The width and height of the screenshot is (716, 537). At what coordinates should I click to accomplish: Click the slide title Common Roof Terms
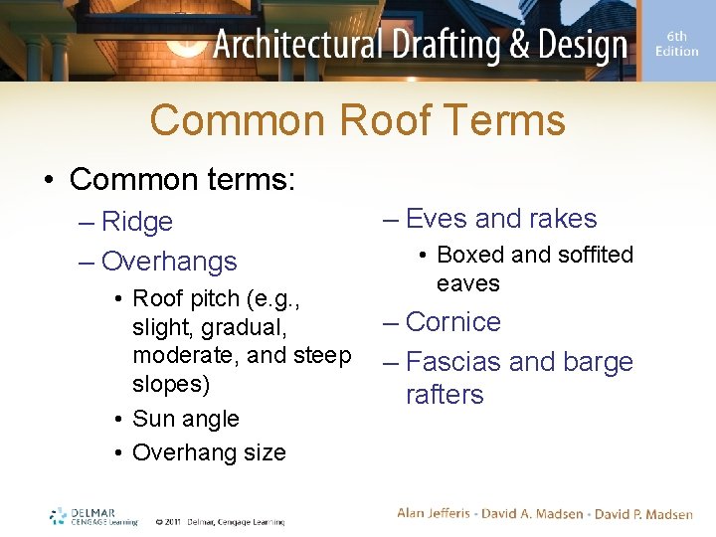click(358, 121)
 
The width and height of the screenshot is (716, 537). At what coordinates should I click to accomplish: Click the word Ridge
click(137, 222)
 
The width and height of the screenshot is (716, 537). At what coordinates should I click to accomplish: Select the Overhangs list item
click(169, 262)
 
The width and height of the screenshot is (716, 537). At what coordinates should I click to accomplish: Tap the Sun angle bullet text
click(185, 419)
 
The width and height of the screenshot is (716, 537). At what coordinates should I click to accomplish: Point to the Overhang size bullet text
click(209, 452)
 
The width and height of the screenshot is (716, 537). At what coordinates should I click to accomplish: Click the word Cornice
click(453, 322)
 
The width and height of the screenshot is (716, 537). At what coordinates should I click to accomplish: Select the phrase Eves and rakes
click(501, 219)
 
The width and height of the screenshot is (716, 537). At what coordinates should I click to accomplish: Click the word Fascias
click(453, 362)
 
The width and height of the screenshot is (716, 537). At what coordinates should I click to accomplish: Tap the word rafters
click(445, 395)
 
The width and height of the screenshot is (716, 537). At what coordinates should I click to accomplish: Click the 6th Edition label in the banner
click(677, 44)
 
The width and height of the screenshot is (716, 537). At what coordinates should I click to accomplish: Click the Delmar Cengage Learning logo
click(93, 517)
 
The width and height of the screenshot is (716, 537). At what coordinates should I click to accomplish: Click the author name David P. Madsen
click(643, 514)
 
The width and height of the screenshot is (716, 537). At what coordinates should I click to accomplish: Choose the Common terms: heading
click(182, 179)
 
